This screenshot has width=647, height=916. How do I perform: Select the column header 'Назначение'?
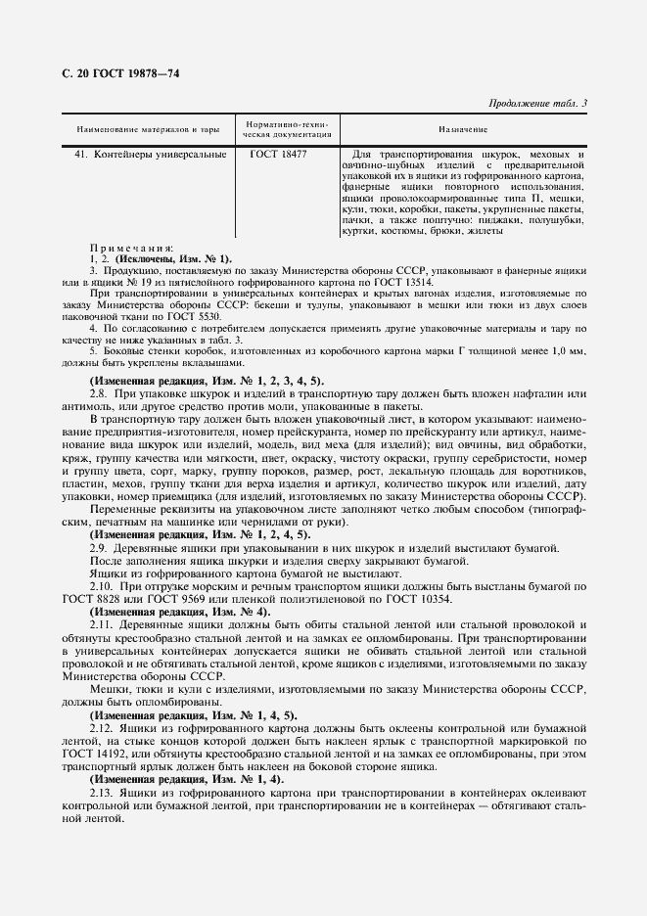(463, 129)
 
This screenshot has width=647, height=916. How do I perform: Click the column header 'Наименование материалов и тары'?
(147, 129)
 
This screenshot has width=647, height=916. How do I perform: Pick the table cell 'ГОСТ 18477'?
(279, 155)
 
